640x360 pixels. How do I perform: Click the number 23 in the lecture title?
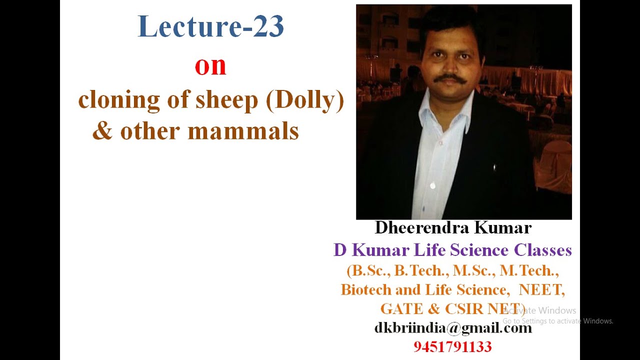pos(268,27)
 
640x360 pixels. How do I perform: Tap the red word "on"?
pos(210,66)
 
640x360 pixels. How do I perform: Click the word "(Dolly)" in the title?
pos(305,100)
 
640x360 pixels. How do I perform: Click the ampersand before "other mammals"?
pos(102,131)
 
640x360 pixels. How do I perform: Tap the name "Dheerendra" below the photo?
pos(421,228)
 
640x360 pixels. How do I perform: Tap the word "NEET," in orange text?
pos(542,289)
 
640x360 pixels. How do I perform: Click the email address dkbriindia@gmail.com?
pos(453,328)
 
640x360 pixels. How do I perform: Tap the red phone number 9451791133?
pos(452,346)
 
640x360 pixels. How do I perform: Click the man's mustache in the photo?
pos(449,79)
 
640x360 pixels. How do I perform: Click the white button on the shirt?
pos(432,186)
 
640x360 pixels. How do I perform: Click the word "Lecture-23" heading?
pos(210,27)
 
